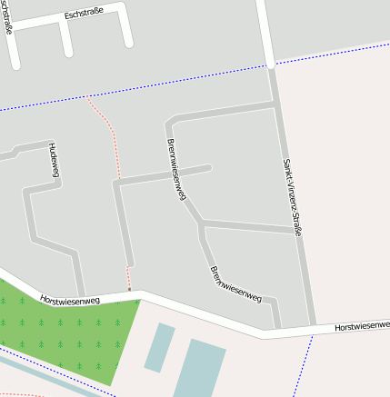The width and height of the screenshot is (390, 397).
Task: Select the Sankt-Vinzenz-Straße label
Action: point(291,198)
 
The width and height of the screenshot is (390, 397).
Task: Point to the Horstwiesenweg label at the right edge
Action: point(362,325)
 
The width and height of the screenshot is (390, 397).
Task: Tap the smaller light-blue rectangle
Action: point(160,346)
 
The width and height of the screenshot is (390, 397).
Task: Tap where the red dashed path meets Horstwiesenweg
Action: point(130,292)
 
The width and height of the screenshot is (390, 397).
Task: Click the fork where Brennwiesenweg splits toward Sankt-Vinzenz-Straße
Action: point(201,222)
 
